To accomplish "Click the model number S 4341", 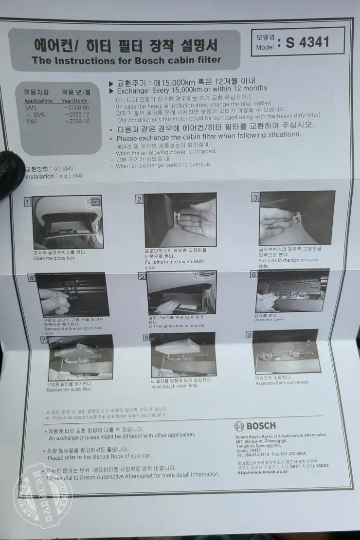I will pyautogui.click(x=307, y=42).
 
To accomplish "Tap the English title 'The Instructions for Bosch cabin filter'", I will pyautogui.click(x=126, y=60).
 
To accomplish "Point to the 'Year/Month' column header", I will pyautogui.click(x=74, y=101).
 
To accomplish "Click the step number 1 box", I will pyautogui.click(x=28, y=201).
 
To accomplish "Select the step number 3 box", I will pyautogui.click(x=254, y=197).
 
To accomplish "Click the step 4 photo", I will pyautogui.click(x=73, y=295).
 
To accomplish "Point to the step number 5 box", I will pyautogui.click(x=142, y=276).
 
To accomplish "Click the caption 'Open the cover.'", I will pyautogui.click(x=269, y=320).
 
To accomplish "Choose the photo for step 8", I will pyautogui.click(x=183, y=354).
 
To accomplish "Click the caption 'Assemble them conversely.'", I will pyautogui.click(x=282, y=382).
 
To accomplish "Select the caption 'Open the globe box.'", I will pyautogui.click(x=54, y=258).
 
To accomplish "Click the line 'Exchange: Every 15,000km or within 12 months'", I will pyautogui.click(x=191, y=89).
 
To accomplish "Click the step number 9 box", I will pyautogui.click(x=249, y=334).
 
